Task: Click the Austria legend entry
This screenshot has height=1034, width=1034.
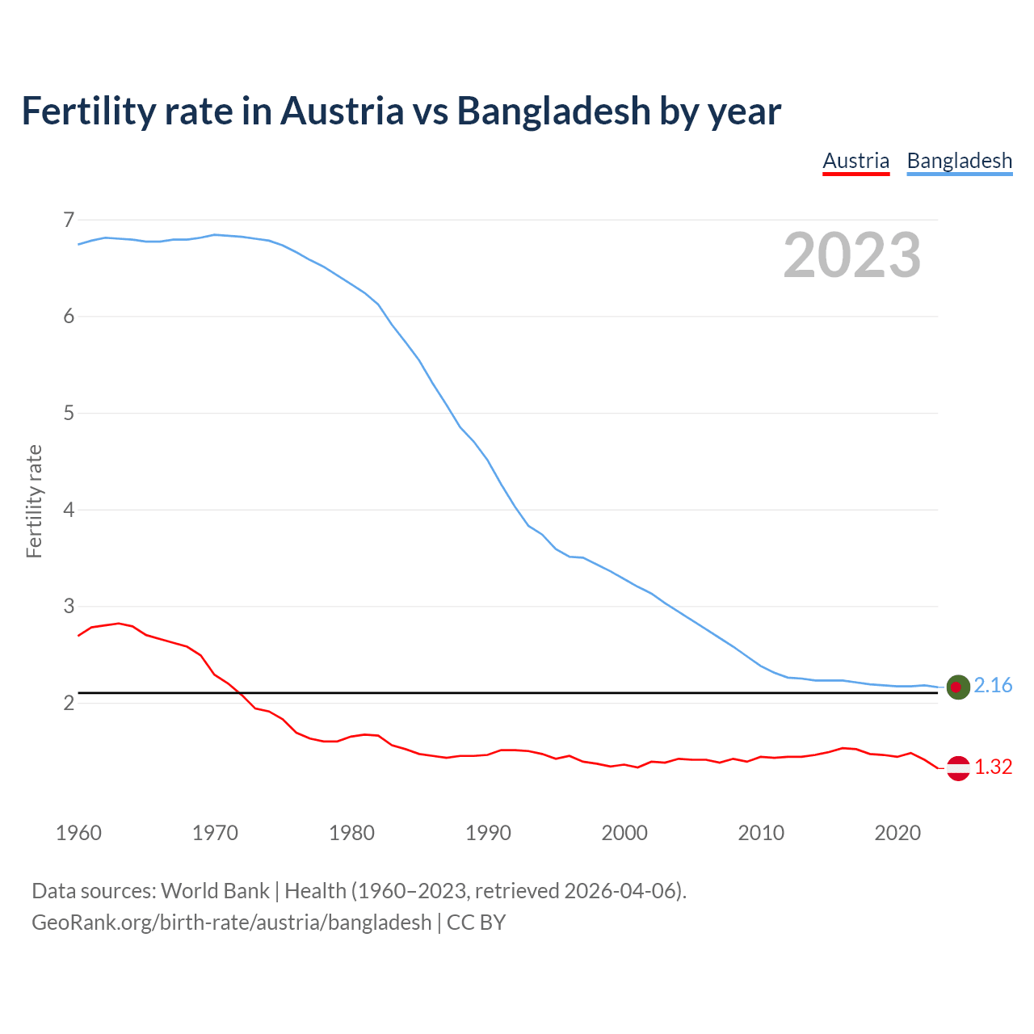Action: (855, 161)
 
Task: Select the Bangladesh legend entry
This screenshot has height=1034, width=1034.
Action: (959, 161)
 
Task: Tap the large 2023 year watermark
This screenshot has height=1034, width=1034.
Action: (852, 255)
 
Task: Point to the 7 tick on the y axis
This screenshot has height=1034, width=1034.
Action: (69, 220)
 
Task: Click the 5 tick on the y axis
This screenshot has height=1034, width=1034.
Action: (69, 414)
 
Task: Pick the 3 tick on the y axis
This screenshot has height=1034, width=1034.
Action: (69, 606)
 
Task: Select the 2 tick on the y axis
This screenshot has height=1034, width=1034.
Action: (69, 703)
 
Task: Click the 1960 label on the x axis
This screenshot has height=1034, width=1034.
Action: (78, 833)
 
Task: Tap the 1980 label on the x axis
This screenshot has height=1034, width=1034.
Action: (351, 833)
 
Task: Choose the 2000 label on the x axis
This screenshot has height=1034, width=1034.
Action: (624, 833)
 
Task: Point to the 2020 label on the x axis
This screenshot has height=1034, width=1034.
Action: (897, 833)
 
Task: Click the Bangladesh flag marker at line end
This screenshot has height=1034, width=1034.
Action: (958, 687)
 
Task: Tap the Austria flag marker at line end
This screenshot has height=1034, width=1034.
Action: (958, 768)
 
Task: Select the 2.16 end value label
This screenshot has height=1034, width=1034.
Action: (993, 686)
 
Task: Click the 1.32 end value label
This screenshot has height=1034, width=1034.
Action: (993, 767)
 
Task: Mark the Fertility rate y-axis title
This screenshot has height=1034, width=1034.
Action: (34, 501)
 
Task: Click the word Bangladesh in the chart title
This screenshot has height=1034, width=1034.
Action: (553, 111)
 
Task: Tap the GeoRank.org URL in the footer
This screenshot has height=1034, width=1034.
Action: (231, 923)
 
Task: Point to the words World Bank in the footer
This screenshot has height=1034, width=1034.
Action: (215, 891)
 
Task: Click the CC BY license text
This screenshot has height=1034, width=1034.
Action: (476, 923)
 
